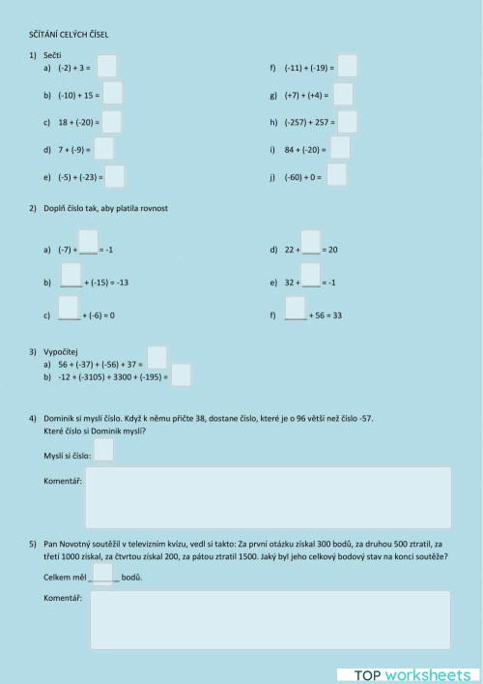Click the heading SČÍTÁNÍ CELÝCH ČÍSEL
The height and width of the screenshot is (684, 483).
(69, 35)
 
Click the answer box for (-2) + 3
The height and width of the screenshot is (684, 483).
(107, 67)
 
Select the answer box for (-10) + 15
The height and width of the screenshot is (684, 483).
(113, 94)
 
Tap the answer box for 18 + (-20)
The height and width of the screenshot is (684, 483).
(112, 122)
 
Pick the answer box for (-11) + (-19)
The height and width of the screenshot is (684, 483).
(348, 67)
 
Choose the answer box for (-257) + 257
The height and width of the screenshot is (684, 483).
(348, 122)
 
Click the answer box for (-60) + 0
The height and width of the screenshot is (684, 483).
(337, 175)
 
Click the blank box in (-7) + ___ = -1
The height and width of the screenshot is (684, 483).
(88, 241)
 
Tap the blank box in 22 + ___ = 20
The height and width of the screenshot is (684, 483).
(310, 241)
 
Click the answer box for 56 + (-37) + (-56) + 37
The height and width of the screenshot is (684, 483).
(157, 357)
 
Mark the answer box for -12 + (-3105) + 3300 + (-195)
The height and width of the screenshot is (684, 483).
(181, 375)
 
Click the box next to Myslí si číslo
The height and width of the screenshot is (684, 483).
(104, 451)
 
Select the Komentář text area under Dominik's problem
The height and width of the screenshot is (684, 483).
(268, 497)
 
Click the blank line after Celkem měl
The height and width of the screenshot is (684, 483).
(104, 578)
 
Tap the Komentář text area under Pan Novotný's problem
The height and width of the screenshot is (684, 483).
(268, 620)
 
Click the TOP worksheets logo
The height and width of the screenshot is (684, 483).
(405, 673)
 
